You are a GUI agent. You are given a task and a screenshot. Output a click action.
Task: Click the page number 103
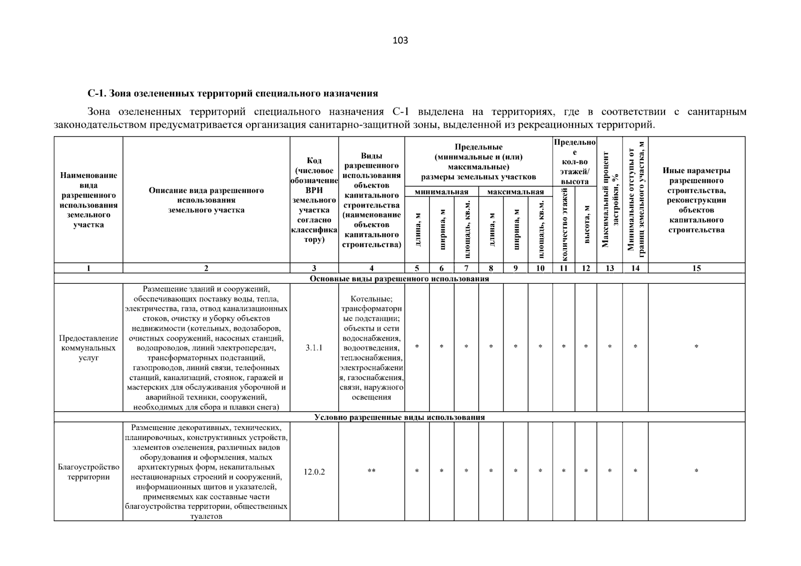[400, 41]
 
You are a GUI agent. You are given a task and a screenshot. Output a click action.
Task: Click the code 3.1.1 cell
[314, 348]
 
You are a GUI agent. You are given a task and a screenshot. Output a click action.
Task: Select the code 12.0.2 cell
[314, 472]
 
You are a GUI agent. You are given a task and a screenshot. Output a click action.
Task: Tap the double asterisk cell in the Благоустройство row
[371, 471]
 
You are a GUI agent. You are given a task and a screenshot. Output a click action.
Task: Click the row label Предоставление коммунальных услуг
[88, 348]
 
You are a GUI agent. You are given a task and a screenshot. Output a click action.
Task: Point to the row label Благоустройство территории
[88, 472]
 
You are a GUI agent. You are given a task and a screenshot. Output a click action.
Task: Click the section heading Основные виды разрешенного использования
[399, 279]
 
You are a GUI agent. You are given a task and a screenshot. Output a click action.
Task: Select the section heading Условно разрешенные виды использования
[399, 417]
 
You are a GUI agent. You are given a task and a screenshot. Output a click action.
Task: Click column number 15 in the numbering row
[696, 268]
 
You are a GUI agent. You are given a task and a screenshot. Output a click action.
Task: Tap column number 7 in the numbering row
[466, 268]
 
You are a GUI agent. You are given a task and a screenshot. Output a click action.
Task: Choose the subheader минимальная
[441, 192]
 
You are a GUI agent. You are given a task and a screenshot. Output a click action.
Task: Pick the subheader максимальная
[515, 192]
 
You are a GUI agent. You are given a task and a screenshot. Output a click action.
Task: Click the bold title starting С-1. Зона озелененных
[233, 93]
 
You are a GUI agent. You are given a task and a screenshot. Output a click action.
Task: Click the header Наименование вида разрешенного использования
[88, 200]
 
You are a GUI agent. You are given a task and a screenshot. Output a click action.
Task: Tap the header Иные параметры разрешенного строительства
[696, 200]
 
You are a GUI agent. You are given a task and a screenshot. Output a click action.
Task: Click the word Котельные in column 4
[371, 299]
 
